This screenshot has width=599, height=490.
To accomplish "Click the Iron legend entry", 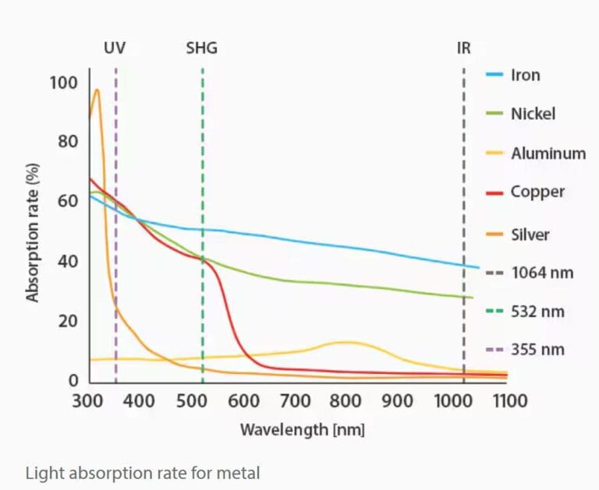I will click(x=525, y=76).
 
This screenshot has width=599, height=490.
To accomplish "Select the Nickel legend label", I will click(x=533, y=114).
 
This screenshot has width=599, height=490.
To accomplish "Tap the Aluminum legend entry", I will click(x=548, y=153).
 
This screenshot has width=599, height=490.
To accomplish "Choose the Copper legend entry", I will click(x=537, y=192).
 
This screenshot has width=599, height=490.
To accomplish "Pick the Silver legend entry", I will click(x=530, y=234).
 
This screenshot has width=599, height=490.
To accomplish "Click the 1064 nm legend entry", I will click(x=542, y=273).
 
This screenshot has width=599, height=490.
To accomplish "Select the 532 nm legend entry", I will click(x=537, y=312).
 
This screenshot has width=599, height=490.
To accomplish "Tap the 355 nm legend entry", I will click(x=537, y=351).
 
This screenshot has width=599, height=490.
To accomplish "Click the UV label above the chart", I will click(x=115, y=48).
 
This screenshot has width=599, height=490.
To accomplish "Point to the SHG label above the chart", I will click(x=201, y=48).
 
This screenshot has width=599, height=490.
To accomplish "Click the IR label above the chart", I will click(x=463, y=48).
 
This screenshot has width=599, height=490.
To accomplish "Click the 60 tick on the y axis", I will click(x=69, y=202).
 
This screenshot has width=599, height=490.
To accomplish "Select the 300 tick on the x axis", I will click(x=88, y=401).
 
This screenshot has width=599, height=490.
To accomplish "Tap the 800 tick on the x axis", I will click(x=346, y=401).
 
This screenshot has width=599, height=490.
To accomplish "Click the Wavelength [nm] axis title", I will click(x=302, y=429).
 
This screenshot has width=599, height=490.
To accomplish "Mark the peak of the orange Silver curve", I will click(x=97, y=90).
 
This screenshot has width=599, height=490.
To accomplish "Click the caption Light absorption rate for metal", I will click(x=143, y=472).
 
